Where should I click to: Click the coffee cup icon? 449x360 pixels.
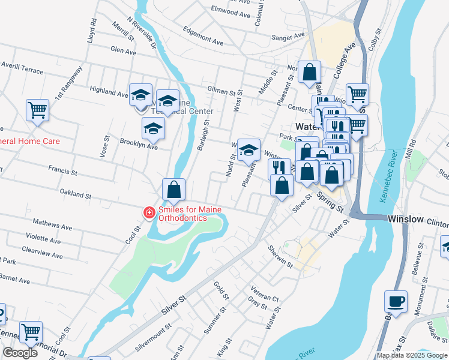pyautogui.click(x=396, y=301)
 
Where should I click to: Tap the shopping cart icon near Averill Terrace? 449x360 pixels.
pyautogui.click(x=37, y=110)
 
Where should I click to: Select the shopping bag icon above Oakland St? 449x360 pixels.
pyautogui.click(x=173, y=190)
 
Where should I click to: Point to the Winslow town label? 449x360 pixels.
pyautogui.click(x=406, y=220)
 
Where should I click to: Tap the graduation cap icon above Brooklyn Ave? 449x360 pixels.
pyautogui.click(x=153, y=128)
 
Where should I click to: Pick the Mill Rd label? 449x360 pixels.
pyautogui.click(x=412, y=150)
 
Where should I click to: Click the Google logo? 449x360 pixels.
pyautogui.click(x=20, y=353)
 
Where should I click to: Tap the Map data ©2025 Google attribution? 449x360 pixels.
pyautogui.click(x=412, y=355)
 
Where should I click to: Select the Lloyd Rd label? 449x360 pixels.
pyautogui.click(x=92, y=29)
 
